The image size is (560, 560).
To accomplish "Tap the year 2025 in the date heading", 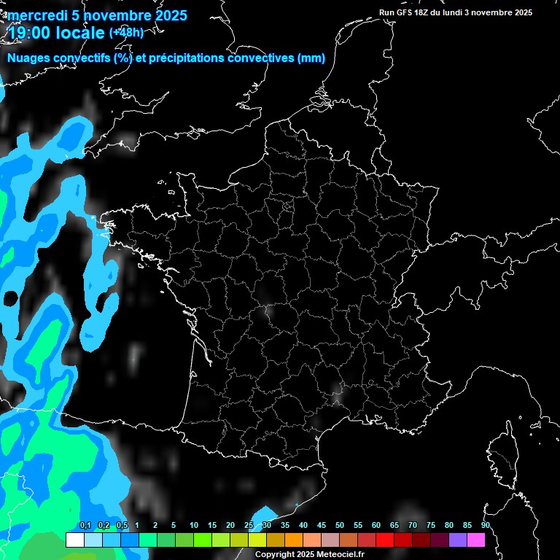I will pos(168,15).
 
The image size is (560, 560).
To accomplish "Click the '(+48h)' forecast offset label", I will pos(125,33).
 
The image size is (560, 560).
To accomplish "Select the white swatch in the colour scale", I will pos(74,540).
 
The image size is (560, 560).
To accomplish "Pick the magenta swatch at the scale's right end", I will pos(476,540).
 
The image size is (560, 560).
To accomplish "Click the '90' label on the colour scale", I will pos(485,525).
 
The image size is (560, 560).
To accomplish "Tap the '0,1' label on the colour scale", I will pos(85,525).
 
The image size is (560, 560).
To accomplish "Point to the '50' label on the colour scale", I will pos(340,525).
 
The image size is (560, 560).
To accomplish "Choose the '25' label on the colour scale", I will pos(249,525).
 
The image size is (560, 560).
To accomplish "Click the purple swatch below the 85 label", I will pos(458,540).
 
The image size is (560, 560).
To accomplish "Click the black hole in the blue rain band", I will pos(11,297).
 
